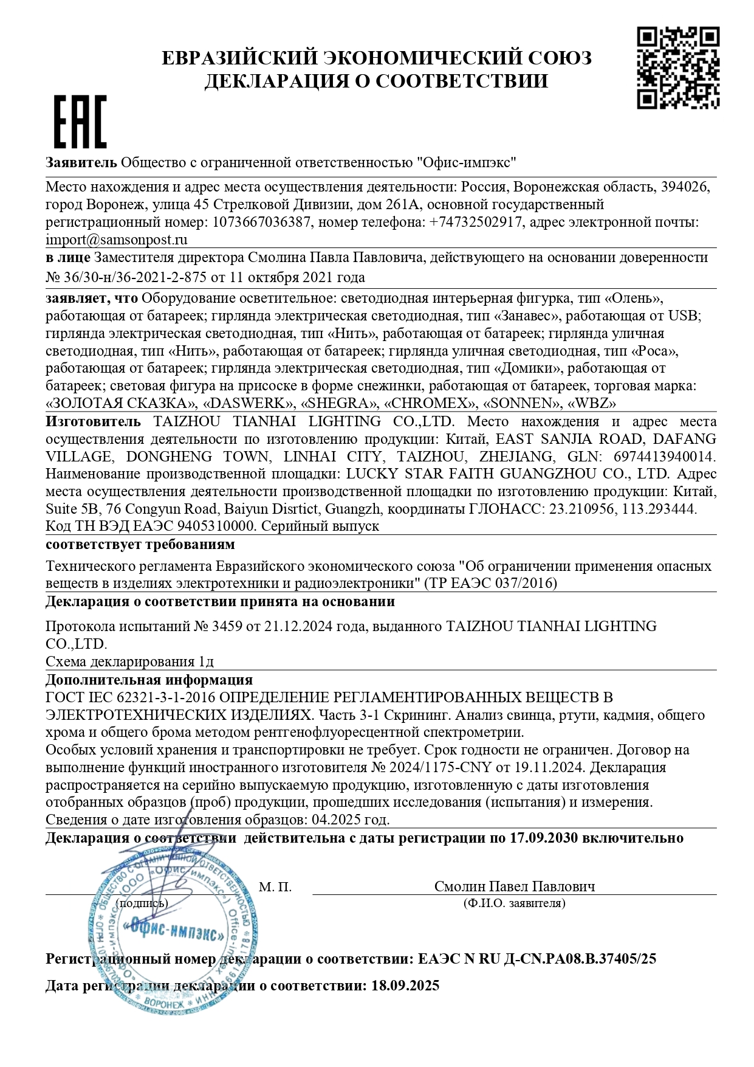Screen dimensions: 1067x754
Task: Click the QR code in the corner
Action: click(677, 67)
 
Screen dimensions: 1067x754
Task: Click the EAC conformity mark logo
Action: click(80, 122)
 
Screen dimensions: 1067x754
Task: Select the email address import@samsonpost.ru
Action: click(117, 240)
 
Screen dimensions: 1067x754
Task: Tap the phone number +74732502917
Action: click(476, 222)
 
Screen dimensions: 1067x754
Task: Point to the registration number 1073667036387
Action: click(261, 222)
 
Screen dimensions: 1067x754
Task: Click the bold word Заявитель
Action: click(81, 162)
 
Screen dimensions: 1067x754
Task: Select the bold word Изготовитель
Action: click(93, 421)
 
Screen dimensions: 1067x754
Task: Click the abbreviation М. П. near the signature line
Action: click(275, 887)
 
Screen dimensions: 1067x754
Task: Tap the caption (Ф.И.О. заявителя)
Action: click(514, 903)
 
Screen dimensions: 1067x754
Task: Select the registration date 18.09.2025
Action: click(405, 986)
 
